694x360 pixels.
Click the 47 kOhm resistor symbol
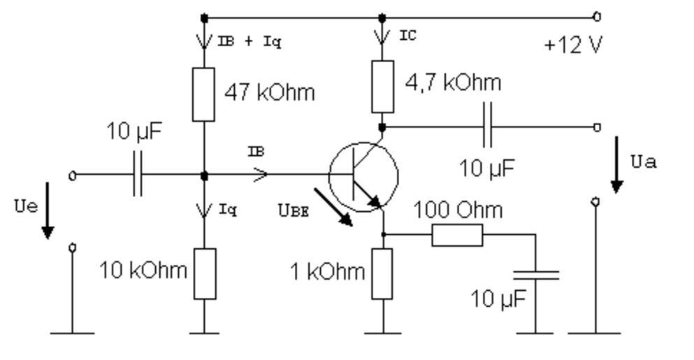203,94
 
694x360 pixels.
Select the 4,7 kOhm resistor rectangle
382,87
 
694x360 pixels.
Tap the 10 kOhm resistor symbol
204,273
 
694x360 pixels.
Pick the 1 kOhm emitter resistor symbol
382,273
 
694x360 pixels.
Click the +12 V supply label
573,46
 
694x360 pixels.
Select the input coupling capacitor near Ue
138,174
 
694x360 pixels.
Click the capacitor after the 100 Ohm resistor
535,275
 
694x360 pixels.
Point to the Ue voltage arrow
48,210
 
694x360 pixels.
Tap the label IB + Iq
250,42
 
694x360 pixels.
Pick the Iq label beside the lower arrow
228,208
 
